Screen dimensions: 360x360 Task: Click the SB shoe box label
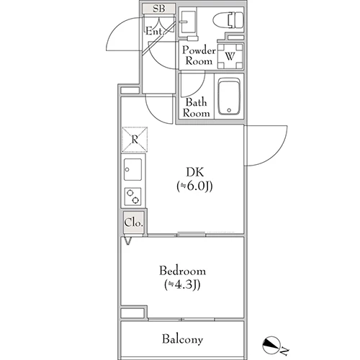[x=159, y=9]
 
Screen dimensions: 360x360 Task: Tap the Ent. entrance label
[x=156, y=31]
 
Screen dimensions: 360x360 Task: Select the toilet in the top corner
[x=228, y=20]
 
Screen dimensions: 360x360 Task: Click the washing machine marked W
[x=230, y=56]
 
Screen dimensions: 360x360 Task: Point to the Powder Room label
[x=199, y=55]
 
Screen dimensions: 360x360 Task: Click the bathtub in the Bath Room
[x=229, y=96]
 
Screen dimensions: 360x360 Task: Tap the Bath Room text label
[x=196, y=107]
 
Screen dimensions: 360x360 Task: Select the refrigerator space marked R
[x=135, y=140]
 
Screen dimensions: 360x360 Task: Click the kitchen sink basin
[x=132, y=169]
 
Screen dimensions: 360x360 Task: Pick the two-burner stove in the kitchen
[x=132, y=197]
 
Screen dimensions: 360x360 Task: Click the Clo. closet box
[x=134, y=222]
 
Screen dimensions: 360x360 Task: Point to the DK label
[x=195, y=172]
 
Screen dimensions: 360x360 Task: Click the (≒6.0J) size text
[x=194, y=186]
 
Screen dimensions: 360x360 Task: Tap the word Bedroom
[x=182, y=271]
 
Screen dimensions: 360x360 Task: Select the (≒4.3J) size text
[x=182, y=285]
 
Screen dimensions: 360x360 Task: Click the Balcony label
[x=182, y=339]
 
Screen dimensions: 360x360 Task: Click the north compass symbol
[x=271, y=345]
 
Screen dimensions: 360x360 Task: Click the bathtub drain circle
[x=229, y=110]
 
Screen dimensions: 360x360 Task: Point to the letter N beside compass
[x=284, y=351]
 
